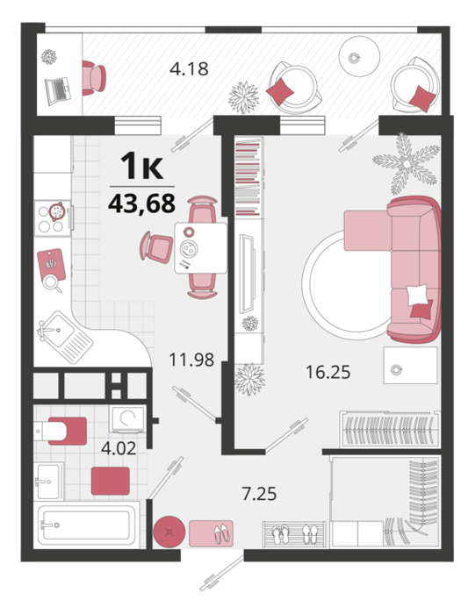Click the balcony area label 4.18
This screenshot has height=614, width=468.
[189, 69]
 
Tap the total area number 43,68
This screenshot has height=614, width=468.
[142, 203]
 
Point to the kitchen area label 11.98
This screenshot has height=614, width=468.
[191, 360]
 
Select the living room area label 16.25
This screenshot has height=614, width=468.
[328, 372]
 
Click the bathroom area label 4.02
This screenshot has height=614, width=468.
[119, 448]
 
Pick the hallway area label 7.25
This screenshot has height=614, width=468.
[260, 494]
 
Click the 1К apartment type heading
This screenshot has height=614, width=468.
[141, 167]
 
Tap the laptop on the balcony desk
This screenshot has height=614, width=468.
[58, 91]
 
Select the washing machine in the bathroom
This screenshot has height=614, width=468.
[127, 418]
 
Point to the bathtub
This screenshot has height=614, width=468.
[87, 524]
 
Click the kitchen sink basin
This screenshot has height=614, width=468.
[58, 330]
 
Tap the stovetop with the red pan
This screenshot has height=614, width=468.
[53, 218]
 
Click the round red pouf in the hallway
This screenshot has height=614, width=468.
[169, 532]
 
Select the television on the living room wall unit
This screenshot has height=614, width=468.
[248, 274]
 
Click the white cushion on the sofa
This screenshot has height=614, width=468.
[417, 295]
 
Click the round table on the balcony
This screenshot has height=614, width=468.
[359, 56]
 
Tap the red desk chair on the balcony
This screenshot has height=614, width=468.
[94, 78]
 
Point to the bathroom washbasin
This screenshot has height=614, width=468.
[48, 481]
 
